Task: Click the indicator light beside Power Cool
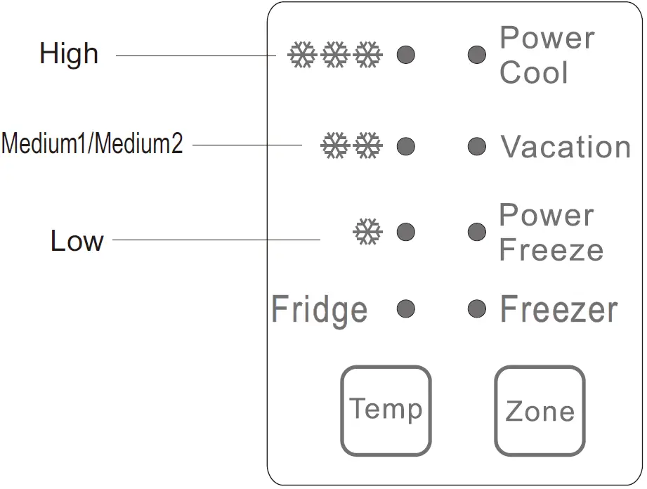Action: pyautogui.click(x=477, y=54)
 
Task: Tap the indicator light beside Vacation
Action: pyautogui.click(x=477, y=147)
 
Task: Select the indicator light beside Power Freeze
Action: pyautogui.click(x=477, y=232)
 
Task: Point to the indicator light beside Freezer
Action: pyautogui.click(x=477, y=308)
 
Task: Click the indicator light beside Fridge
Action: pyautogui.click(x=406, y=308)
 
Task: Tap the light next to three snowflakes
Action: pyautogui.click(x=406, y=54)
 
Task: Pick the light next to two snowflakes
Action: pyautogui.click(x=406, y=147)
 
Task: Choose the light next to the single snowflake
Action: pyautogui.click(x=406, y=232)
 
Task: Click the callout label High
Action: pyautogui.click(x=69, y=54)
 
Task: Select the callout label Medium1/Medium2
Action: pyautogui.click(x=92, y=144)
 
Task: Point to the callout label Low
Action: pyautogui.click(x=77, y=241)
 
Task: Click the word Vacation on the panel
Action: pyautogui.click(x=566, y=147)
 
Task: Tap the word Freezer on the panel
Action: pyautogui.click(x=559, y=310)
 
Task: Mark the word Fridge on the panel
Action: pyautogui.click(x=320, y=310)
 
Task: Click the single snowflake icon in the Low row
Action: pyautogui.click(x=367, y=232)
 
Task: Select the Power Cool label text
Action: pyautogui.click(x=547, y=55)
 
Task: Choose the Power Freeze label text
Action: pyautogui.click(x=550, y=232)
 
